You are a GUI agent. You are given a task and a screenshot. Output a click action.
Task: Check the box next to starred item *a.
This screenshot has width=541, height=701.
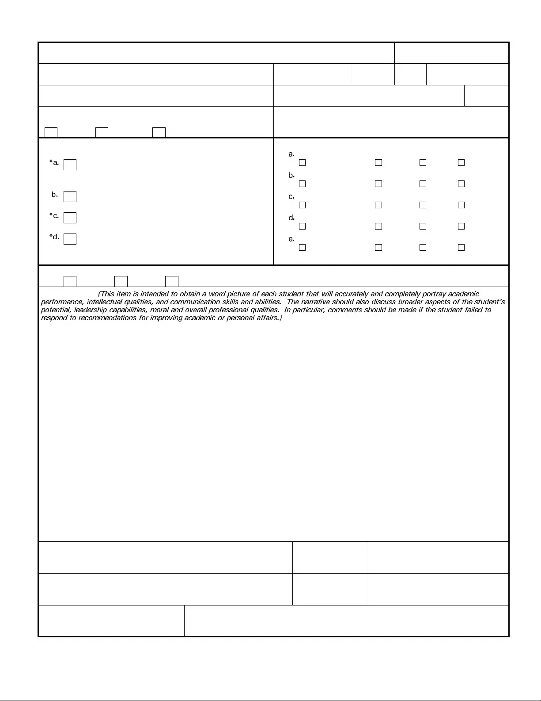tap(70, 165)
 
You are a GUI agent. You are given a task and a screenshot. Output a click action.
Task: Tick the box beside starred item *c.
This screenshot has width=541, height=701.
tap(70, 218)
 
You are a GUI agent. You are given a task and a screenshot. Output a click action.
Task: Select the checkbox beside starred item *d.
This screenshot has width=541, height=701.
tap(70, 239)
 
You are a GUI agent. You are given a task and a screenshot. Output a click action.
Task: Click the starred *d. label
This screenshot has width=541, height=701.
tap(54, 237)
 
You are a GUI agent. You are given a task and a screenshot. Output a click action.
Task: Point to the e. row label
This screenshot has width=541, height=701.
tap(291, 239)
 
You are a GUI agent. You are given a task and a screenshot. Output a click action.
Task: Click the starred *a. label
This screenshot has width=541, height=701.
tap(54, 163)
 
